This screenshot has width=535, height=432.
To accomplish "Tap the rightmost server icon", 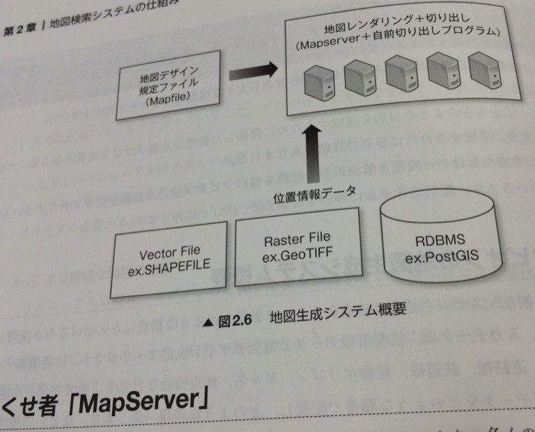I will coord(484,69).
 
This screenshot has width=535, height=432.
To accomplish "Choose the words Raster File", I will coord(297,240).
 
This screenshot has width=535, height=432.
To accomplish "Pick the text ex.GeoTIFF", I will coord(297,256).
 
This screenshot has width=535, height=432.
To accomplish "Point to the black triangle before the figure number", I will coord(208,322).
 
